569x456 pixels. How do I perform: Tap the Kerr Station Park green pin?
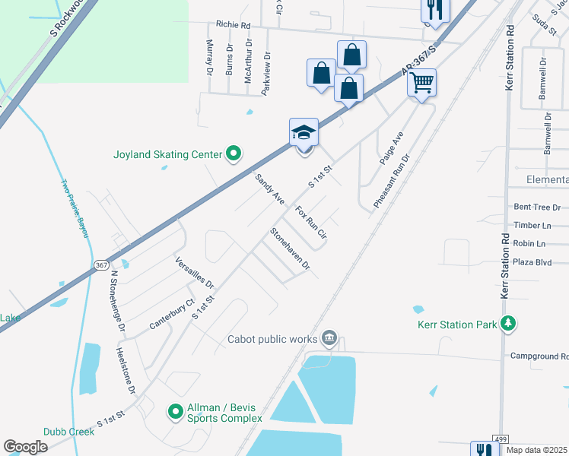509,325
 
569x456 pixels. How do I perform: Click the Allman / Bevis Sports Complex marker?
176,412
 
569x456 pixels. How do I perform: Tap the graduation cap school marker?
304,133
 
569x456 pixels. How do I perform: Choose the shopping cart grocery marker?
422,82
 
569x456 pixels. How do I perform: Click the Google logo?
25,447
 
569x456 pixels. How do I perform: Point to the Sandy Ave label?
269,188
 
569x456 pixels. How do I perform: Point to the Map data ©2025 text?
536,450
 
